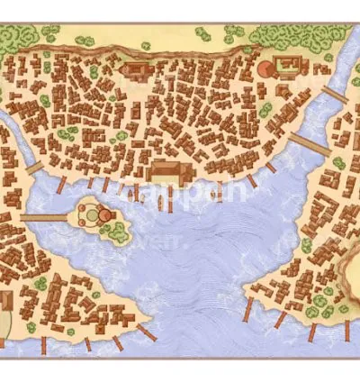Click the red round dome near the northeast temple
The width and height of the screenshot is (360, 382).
[266, 68]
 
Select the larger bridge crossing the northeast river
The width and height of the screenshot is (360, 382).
[309, 142]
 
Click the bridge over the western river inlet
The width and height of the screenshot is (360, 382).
[34, 168]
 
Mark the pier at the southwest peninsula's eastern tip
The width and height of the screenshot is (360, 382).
[154, 331]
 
